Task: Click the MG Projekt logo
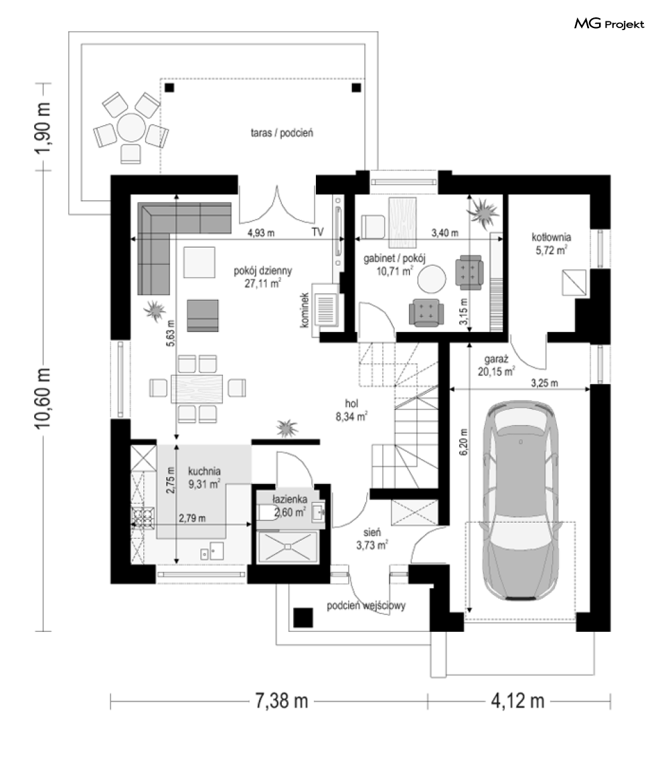pos(609,23)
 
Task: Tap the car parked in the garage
pos(520,501)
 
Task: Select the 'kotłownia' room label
pos(552,237)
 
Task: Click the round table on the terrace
pos(131,127)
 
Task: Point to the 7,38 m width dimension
pos(281,700)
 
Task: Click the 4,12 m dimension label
pos(517,700)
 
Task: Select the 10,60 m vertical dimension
pos(43,398)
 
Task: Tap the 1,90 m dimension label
pos(43,127)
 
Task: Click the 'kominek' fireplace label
pos(305,310)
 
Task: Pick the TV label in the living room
pos(317,232)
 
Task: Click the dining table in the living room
pos(197,388)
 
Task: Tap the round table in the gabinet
pos(432,279)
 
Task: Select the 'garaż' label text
pos(496,359)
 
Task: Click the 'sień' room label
pos(372,533)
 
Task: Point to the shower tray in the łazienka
pos(287,547)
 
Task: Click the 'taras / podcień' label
pos(282,133)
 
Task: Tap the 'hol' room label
pos(351,403)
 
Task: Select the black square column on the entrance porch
pos(303,617)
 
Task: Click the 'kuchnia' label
pos(204,471)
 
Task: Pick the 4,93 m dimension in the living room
pos(261,233)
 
